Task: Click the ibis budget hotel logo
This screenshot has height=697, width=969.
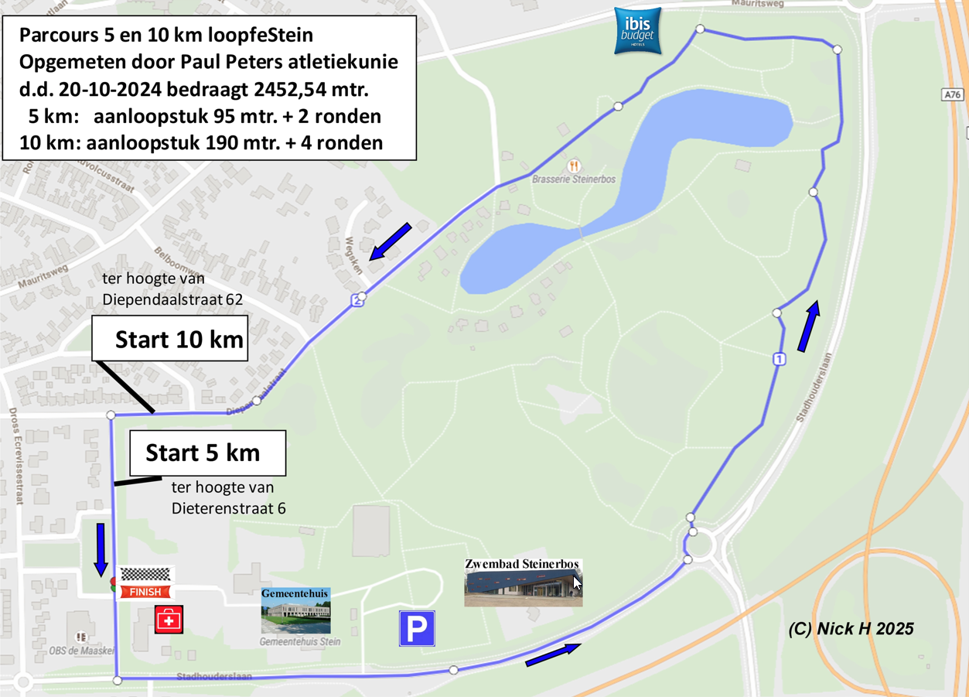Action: click(638, 30)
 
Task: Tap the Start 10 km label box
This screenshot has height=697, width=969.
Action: click(170, 340)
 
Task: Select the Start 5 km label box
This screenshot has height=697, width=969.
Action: click(207, 453)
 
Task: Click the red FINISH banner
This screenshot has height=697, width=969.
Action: click(145, 592)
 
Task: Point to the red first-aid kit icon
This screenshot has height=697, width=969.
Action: click(169, 620)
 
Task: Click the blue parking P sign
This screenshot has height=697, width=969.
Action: click(417, 628)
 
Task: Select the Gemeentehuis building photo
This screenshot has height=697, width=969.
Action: click(295, 616)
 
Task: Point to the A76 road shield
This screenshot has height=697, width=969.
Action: click(953, 94)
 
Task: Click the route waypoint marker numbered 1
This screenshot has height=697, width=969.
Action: click(780, 359)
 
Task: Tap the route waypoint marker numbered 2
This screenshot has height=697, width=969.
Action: click(357, 300)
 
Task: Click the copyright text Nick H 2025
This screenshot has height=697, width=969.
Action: click(851, 628)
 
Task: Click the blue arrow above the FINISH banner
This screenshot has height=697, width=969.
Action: click(101, 549)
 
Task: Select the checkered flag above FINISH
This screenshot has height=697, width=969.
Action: click(145, 575)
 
